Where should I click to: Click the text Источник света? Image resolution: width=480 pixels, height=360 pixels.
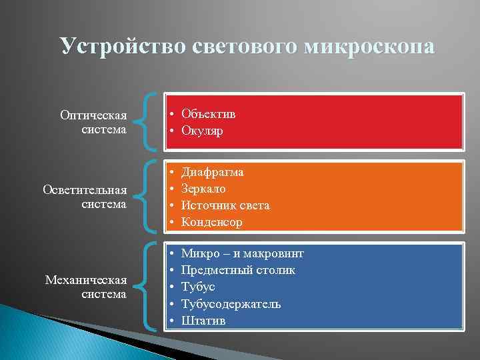[x=225, y=205]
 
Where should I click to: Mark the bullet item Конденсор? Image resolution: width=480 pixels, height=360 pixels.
[x=212, y=222]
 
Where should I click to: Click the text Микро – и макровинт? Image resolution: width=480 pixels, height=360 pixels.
[x=242, y=254]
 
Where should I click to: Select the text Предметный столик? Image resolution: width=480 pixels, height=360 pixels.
[x=238, y=271]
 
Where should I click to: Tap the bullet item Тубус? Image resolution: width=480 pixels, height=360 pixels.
[x=198, y=287]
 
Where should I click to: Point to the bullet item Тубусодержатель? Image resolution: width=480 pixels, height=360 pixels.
[x=231, y=304]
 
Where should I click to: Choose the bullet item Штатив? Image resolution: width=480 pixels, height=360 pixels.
[x=203, y=321]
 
